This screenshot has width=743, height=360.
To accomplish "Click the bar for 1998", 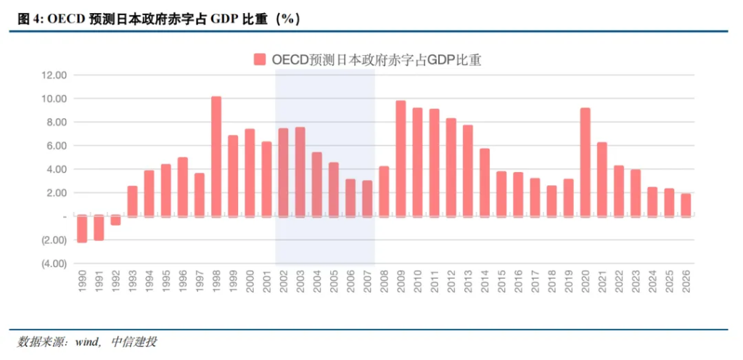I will [216, 156].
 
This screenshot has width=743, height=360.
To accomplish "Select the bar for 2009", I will [401, 158].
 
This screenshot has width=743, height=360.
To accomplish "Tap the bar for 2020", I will [585, 162].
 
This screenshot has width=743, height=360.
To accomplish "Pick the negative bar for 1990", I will [82, 229].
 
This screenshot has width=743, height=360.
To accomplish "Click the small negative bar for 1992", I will [115, 220].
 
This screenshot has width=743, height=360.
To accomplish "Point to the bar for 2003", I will [300, 171].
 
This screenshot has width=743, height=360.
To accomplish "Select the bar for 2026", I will [686, 205].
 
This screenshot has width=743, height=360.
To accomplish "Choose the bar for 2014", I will [485, 182].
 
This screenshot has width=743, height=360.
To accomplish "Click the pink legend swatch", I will [260, 60].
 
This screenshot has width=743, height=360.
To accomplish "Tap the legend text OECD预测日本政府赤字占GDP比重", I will [377, 60].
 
